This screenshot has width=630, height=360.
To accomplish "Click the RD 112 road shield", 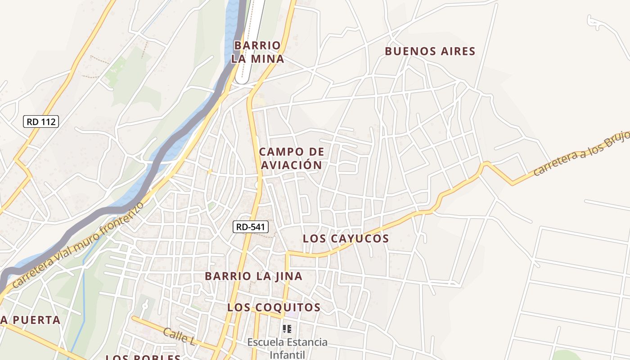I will [x=41, y=121].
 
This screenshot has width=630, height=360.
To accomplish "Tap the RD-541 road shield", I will [x=251, y=227].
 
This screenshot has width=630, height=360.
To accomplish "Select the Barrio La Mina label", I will [x=258, y=52].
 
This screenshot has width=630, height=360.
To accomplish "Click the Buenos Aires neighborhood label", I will [x=430, y=51].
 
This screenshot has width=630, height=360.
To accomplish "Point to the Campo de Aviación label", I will [x=291, y=158].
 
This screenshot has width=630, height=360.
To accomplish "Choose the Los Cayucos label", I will [x=346, y=238].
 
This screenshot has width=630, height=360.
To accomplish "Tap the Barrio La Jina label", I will [x=253, y=276].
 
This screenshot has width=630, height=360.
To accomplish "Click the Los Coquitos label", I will [x=274, y=307].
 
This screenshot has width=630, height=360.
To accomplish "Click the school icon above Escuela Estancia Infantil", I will [x=287, y=329].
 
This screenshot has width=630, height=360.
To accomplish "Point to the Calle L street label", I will [x=179, y=336].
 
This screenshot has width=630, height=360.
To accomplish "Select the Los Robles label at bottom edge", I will [x=143, y=357].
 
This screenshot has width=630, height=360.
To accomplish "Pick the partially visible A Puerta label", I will [x=30, y=320].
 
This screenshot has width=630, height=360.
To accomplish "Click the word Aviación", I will [x=291, y=165].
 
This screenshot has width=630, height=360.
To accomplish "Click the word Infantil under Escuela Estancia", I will [x=287, y=354].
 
